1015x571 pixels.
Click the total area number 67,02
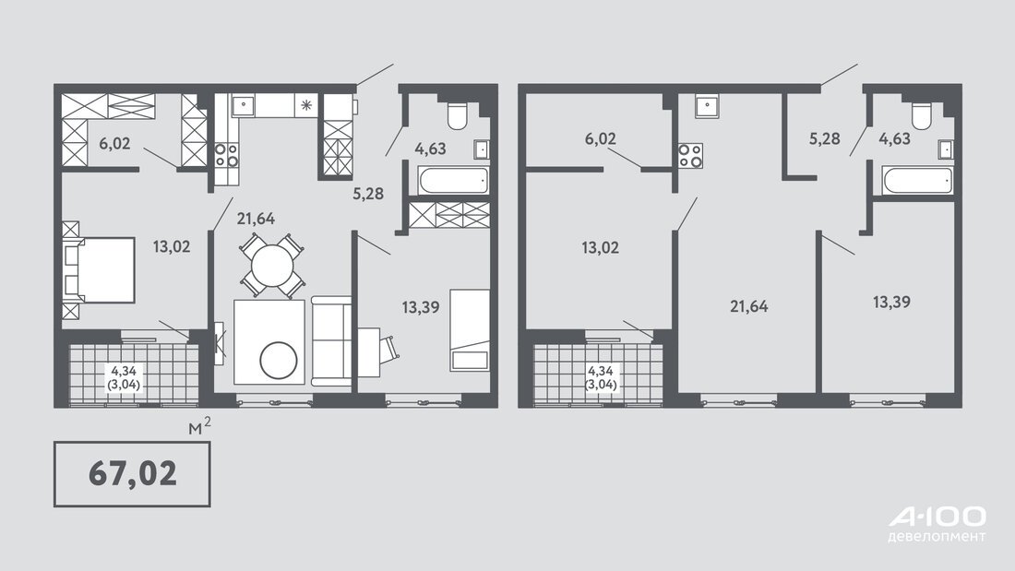[133, 473]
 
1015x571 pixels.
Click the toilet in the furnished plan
[458, 115]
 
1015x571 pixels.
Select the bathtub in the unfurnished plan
[917, 180]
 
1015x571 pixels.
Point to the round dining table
[272, 265]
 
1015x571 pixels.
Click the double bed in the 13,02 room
[99, 270]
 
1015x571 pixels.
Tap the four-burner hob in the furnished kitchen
[226, 155]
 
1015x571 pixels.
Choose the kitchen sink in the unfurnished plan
[706, 105]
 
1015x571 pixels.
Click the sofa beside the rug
[331, 340]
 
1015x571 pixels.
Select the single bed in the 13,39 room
[470, 330]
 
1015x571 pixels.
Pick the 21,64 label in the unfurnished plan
[749, 305]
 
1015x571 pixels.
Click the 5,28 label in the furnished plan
[367, 193]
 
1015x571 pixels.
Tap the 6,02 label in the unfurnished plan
[600, 138]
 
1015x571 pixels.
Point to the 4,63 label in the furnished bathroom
[431, 149]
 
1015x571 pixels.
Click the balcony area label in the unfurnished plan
[601, 377]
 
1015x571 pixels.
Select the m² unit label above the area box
[199, 426]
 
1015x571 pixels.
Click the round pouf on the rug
[279, 361]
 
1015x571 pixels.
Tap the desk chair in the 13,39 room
[389, 349]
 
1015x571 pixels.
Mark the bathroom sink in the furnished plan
[481, 149]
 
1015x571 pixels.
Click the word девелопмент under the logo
[937, 537]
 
